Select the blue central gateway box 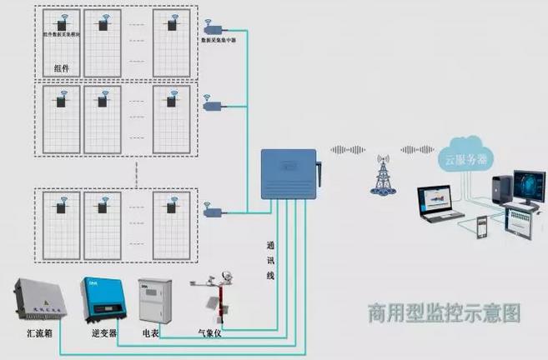tap(288, 175)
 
